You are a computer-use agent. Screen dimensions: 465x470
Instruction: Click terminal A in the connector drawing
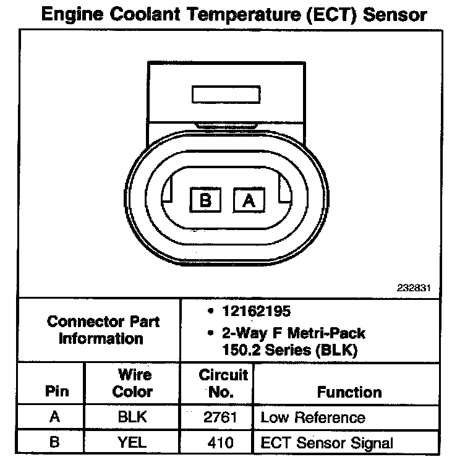click(249, 200)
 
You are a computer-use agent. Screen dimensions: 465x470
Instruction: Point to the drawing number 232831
click(414, 288)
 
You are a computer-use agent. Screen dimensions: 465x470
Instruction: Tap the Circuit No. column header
click(223, 383)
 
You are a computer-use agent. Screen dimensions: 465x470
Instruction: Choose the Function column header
click(349, 392)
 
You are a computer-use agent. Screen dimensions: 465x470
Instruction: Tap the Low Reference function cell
click(313, 417)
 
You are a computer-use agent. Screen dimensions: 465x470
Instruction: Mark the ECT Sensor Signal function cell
click(327, 443)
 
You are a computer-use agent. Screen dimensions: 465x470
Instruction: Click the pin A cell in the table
click(55, 417)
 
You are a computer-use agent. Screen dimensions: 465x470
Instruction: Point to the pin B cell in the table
click(55, 443)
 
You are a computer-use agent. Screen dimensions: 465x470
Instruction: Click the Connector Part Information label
click(103, 330)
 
